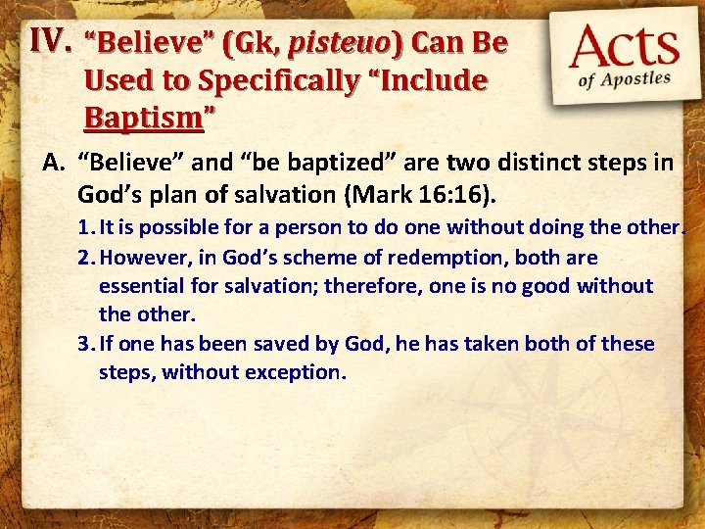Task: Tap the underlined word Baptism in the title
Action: (x=145, y=118)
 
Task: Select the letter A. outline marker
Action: (x=54, y=163)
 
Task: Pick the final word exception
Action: (x=299, y=372)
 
